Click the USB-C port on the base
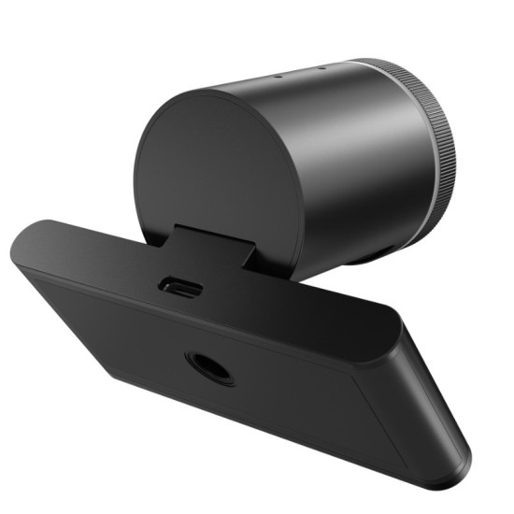(180, 285)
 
